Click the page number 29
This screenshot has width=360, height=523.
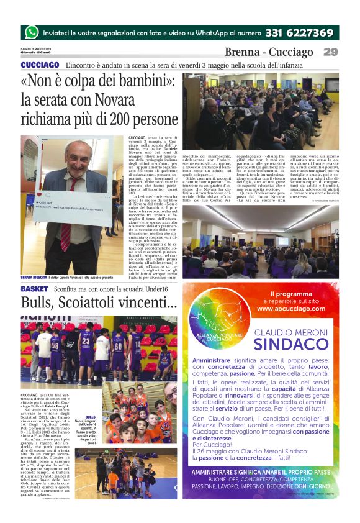coord(330,52)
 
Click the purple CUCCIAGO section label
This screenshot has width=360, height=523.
coord(40,65)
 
